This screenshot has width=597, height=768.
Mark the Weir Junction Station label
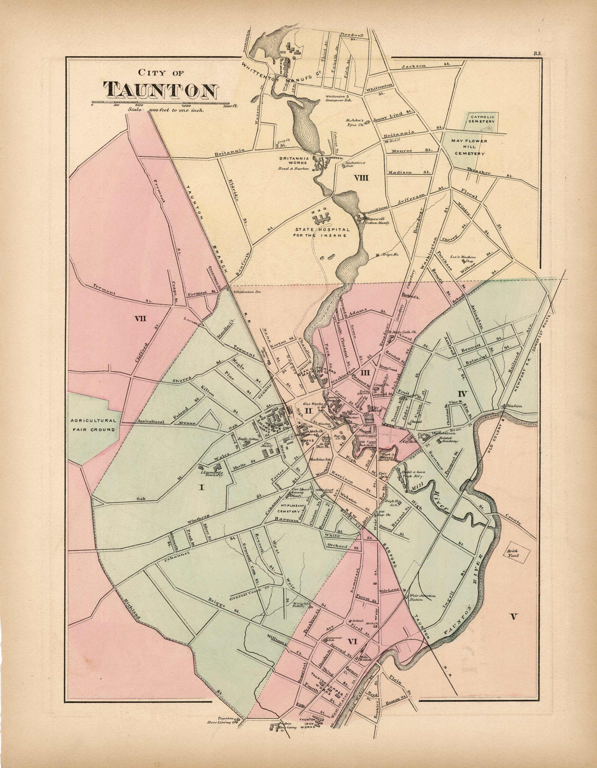[421, 598]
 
